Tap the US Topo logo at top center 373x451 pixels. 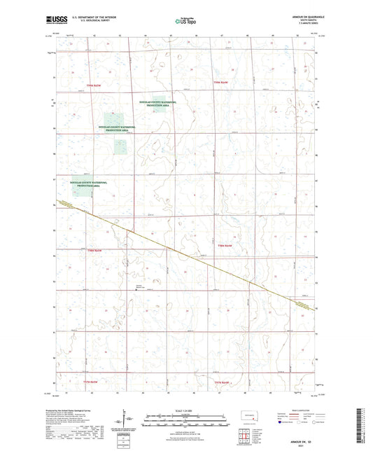(x=185, y=20)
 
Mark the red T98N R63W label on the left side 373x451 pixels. (x=94, y=250)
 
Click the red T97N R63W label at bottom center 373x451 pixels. (x=223, y=382)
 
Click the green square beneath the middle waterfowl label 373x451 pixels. (x=113, y=120)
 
